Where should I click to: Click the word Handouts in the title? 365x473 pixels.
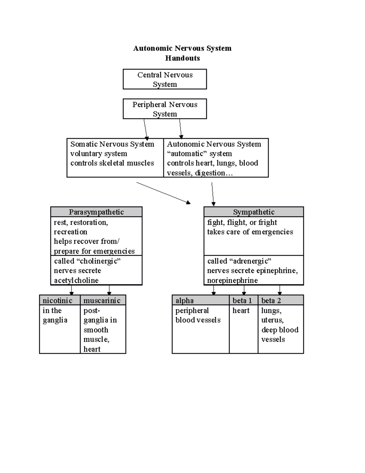182,58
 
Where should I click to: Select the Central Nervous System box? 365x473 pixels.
165,79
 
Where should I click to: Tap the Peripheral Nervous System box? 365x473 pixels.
165,109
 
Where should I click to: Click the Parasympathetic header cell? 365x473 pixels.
96,212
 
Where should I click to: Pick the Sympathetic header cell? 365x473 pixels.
253,212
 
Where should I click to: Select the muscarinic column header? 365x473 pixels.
103,300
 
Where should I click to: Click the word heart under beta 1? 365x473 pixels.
241,310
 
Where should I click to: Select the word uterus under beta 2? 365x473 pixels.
272,320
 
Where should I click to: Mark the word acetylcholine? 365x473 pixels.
76,280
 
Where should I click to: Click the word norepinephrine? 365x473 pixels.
232,280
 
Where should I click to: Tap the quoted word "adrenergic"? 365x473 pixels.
250,261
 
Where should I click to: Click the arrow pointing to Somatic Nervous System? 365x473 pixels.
146,129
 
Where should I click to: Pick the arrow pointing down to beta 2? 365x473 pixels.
280,290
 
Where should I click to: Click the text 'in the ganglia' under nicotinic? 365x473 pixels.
55,315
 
